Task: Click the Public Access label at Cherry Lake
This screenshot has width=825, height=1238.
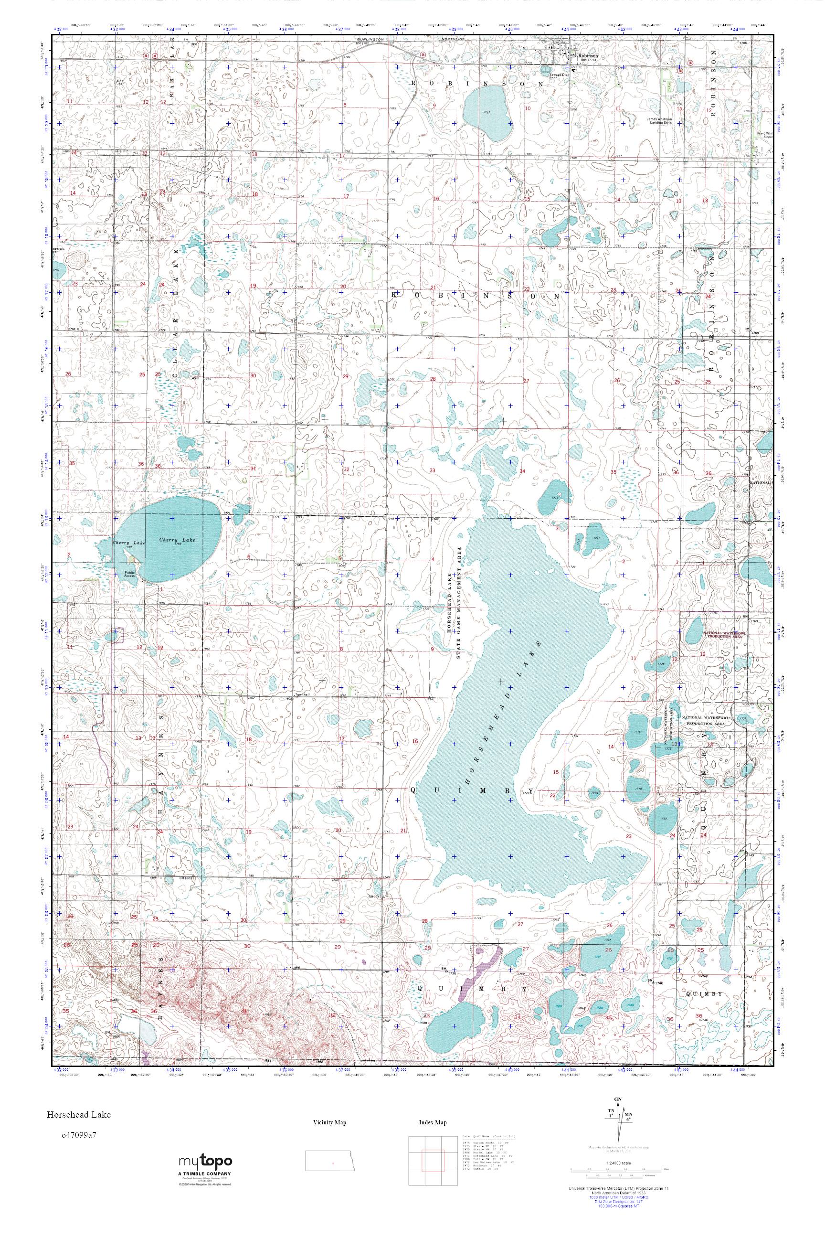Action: click(129, 574)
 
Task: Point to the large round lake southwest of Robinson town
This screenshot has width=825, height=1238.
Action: click(488, 113)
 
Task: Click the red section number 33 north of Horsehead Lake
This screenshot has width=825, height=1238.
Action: click(433, 470)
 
